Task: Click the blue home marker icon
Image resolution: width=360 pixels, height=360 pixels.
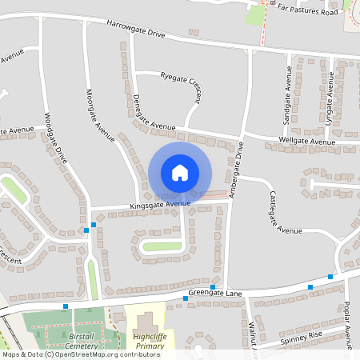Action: click(180, 173)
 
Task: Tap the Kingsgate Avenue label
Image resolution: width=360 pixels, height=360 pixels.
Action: click(160, 206)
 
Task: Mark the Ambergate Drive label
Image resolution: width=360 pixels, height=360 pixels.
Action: click(235, 170)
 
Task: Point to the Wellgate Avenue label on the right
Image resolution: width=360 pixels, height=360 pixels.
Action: click(306, 142)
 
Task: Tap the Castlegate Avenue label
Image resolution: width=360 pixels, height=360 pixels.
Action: click(285, 213)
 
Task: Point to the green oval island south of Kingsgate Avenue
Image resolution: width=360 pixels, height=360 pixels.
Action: click(163, 246)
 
